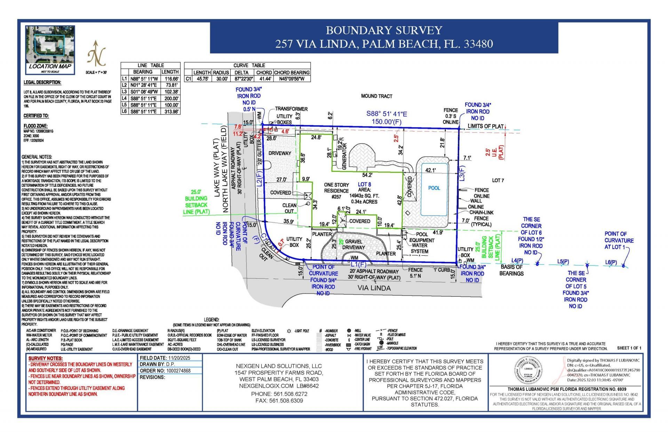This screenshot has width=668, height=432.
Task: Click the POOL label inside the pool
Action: [x=434, y=188]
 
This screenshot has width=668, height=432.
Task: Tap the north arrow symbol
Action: [x=96, y=54]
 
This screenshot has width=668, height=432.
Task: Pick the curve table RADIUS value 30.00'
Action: [x=221, y=79]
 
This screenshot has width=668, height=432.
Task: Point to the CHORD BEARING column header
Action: [x=292, y=72]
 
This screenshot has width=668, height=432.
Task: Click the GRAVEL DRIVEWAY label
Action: [x=353, y=245]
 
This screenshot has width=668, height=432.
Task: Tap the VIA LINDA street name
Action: [x=374, y=288]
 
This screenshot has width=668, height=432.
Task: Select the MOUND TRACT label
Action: [x=376, y=96]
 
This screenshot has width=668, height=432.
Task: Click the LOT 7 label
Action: [x=498, y=180]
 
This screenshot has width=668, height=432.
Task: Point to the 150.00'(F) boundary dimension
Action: [x=387, y=122]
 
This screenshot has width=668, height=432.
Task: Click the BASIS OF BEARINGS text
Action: [x=511, y=270]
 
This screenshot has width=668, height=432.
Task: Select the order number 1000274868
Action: [x=179, y=371]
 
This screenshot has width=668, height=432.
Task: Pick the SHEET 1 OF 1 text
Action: [x=629, y=348]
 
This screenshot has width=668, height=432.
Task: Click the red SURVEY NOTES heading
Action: [x=46, y=358]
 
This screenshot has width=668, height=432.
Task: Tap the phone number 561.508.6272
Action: [x=279, y=394]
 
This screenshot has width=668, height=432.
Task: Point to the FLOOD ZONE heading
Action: [x=35, y=126]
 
